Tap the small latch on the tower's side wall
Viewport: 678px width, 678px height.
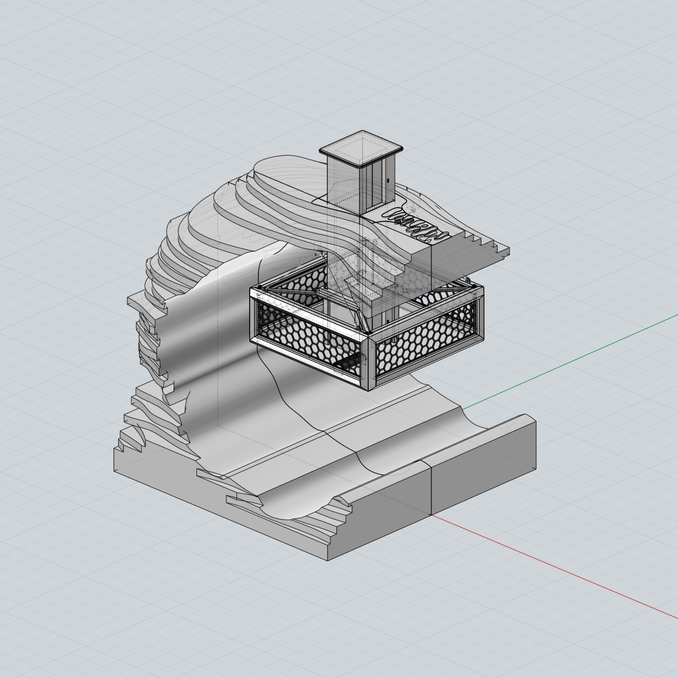[x=389, y=181]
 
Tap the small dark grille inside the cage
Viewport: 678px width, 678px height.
[x=348, y=364]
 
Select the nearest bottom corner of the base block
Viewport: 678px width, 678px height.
[x=329, y=560]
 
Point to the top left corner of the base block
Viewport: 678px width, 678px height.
[x=114, y=448]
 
